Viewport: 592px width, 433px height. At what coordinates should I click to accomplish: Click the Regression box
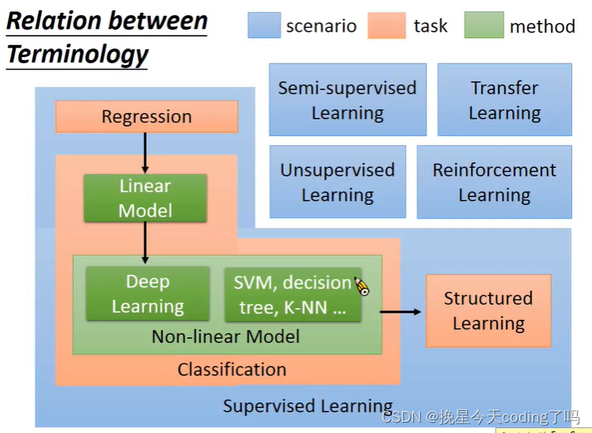(x=147, y=116)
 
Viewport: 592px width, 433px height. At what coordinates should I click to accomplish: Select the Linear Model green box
(x=146, y=198)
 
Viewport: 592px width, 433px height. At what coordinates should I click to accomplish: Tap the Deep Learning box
(x=148, y=294)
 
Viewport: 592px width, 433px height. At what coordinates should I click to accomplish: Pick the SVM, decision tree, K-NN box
(x=293, y=294)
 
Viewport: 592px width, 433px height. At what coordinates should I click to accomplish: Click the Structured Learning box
(x=488, y=310)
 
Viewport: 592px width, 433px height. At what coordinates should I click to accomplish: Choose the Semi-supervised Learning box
(x=347, y=100)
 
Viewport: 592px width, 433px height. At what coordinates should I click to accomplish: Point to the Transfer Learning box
(x=505, y=100)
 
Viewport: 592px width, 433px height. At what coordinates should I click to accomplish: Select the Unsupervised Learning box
(x=338, y=182)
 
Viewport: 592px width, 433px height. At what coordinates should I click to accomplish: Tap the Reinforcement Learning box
(x=495, y=182)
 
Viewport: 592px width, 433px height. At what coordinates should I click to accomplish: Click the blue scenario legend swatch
(x=264, y=25)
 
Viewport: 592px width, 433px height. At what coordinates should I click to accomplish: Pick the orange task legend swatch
(x=387, y=25)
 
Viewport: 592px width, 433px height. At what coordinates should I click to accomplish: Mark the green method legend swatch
(x=484, y=25)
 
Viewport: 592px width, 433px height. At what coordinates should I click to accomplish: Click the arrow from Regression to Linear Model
(x=145, y=153)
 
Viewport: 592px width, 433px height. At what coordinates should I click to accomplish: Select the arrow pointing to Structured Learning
(x=400, y=311)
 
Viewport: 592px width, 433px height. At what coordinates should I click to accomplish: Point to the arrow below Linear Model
(x=145, y=243)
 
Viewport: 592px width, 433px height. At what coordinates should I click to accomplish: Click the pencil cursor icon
(x=362, y=286)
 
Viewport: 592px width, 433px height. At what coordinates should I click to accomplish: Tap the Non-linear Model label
(x=226, y=336)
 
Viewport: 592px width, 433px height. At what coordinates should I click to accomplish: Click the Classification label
(x=232, y=369)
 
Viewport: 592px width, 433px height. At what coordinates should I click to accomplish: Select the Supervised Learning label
(x=308, y=406)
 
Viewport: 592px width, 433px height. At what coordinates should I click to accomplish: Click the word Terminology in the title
(x=78, y=55)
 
